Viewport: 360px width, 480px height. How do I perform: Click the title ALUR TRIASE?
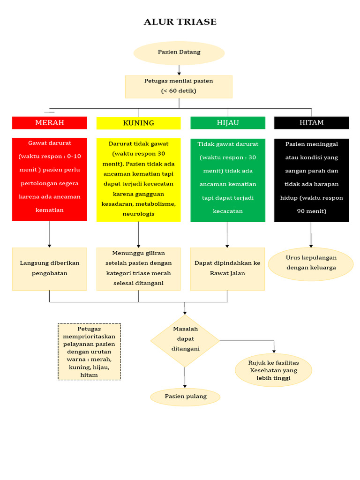pos(180,22)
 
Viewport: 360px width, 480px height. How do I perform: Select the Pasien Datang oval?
pos(179,52)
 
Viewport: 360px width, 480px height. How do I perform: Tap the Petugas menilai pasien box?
pos(179,86)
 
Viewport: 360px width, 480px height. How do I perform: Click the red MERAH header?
pos(50,123)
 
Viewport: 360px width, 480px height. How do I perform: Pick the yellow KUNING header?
pos(138,123)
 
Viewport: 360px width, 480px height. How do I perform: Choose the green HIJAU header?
pos(228,123)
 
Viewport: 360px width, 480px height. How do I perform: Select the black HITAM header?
pos(311,123)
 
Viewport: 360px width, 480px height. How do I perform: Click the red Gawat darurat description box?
pos(50,179)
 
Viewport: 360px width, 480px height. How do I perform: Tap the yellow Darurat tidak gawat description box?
pos(138,180)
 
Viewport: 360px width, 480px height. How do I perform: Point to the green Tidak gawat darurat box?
pos(228,180)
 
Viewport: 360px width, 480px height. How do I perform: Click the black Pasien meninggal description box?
pos(311,180)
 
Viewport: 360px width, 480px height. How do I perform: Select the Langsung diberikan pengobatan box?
pos(50,269)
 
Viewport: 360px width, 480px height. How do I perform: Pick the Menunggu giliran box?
pos(138,269)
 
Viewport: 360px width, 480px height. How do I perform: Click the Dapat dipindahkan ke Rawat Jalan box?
pos(227,269)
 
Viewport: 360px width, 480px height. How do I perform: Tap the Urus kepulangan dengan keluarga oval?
pos(311,264)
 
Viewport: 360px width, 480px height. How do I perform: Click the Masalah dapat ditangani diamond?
pos(185,340)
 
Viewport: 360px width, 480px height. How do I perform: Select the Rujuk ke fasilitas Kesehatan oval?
pos(273,370)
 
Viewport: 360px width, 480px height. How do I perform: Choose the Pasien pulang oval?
pos(185,397)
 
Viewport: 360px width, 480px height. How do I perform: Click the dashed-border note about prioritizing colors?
pos(89,352)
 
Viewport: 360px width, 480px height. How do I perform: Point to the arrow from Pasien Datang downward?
pos(179,70)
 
